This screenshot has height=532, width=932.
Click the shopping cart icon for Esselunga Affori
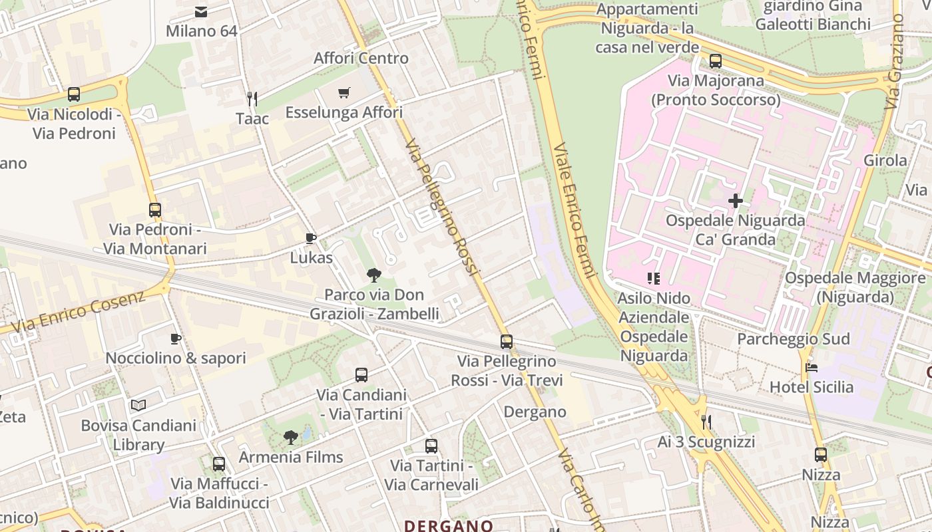[344, 93]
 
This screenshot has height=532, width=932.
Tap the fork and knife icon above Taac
[252, 99]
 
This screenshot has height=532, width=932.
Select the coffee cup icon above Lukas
[310, 238]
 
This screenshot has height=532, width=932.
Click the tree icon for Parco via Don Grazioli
[374, 275]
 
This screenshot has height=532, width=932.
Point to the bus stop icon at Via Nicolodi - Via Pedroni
[74, 94]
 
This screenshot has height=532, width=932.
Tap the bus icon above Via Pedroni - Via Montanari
[155, 210]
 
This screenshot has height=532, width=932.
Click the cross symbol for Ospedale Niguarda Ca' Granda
[736, 200]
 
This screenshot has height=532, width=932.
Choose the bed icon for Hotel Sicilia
[811, 367]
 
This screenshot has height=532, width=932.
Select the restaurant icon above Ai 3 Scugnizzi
[706, 422]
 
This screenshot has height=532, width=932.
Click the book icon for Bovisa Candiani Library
[138, 405]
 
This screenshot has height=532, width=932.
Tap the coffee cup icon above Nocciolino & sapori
[175, 339]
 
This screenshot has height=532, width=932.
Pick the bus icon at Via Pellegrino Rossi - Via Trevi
[507, 342]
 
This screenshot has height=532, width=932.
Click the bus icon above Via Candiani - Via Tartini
[361, 375]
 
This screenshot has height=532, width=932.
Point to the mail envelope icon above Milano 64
[201, 11]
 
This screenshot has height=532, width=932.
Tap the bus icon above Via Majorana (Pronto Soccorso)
[716, 61]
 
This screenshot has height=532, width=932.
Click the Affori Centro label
[361, 59]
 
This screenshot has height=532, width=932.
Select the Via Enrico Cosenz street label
[79, 312]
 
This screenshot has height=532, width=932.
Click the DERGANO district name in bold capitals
[448, 526]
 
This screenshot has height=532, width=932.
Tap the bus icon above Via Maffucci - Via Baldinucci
[219, 464]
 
